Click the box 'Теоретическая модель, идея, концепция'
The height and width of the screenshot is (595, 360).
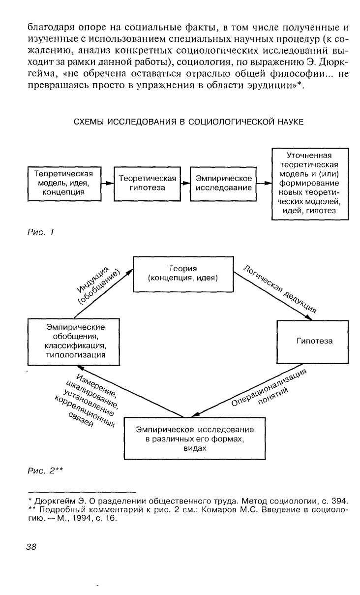[x=63, y=184]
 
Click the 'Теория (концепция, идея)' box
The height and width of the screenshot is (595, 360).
[x=183, y=273]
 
